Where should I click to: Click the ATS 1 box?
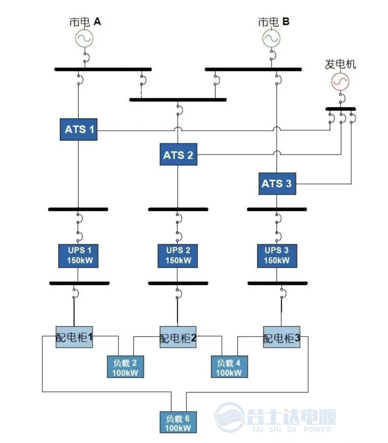[x=78, y=129]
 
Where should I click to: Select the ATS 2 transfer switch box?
[x=178, y=154]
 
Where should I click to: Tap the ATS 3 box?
[x=277, y=184]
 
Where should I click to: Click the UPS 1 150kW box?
[x=78, y=256]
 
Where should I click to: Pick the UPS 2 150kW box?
[x=177, y=256]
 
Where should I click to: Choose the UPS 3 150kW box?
[x=277, y=256]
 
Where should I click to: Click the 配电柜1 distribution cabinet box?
[x=74, y=337]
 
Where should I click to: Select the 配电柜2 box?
[x=178, y=337]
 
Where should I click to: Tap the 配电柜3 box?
[x=281, y=337]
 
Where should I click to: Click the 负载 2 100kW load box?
[x=125, y=367]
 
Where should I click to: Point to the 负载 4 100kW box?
[x=229, y=367]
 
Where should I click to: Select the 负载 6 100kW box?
[x=178, y=422]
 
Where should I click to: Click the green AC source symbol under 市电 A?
[x=84, y=38]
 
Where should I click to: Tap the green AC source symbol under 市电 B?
[x=271, y=38]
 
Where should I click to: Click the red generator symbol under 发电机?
[x=340, y=82]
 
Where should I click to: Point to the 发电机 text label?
[x=340, y=64]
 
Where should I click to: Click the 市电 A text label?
[x=85, y=22]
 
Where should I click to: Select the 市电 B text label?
[x=273, y=22]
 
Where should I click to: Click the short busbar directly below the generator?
[x=341, y=109]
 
